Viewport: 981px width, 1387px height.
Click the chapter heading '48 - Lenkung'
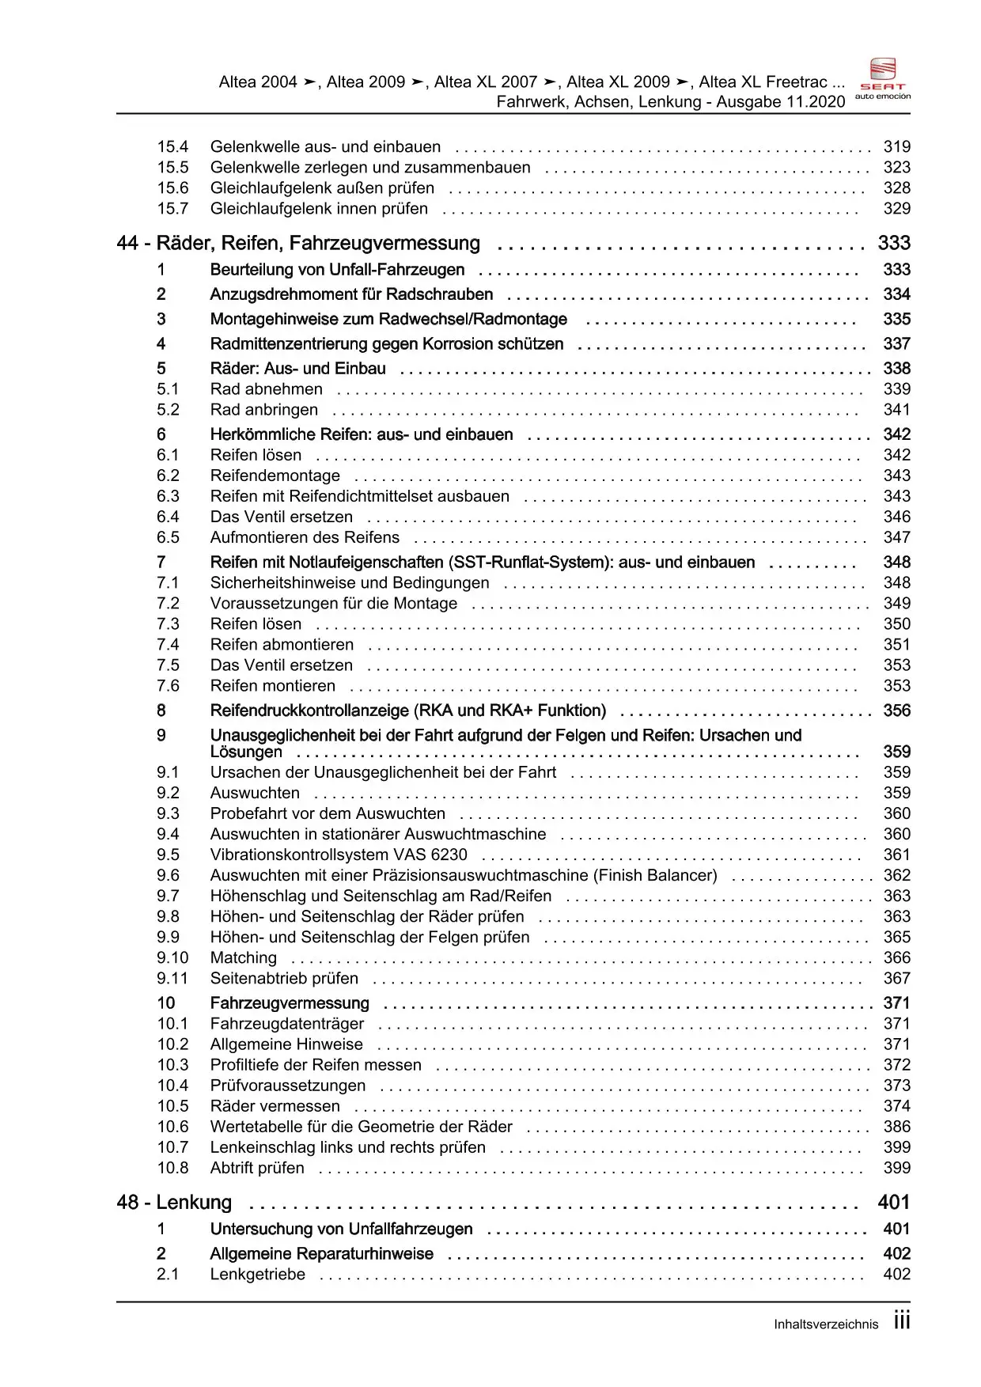pyautogui.click(x=174, y=1203)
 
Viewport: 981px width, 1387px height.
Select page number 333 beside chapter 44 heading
pyautogui.click(x=894, y=243)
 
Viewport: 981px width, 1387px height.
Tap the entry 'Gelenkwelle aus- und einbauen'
pyautogui.click(x=325, y=146)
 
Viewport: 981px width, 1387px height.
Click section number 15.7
pyautogui.click(x=172, y=208)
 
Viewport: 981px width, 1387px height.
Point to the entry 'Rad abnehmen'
pyautogui.click(x=266, y=389)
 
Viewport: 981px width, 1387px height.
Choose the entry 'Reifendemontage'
pyautogui.click(x=275, y=476)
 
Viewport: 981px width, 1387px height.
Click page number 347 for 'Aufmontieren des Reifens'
pyautogui.click(x=896, y=537)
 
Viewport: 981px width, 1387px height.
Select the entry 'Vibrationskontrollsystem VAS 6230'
pyautogui.click(x=338, y=855)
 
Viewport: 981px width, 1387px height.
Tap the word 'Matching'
pyautogui.click(x=243, y=957)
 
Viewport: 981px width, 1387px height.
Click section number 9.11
pyautogui.click(x=172, y=978)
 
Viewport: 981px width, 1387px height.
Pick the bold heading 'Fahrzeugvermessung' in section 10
pyautogui.click(x=289, y=1003)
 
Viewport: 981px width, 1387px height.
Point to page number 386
pyautogui.click(x=896, y=1127)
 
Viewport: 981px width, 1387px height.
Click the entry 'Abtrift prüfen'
pyautogui.click(x=256, y=1168)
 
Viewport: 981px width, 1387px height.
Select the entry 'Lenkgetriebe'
pyautogui.click(x=257, y=1274)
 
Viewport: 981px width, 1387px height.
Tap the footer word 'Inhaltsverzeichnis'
pyautogui.click(x=825, y=1324)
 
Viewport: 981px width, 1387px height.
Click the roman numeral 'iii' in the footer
pyautogui.click(x=901, y=1321)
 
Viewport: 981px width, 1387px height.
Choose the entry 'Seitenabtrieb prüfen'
pyautogui.click(x=283, y=978)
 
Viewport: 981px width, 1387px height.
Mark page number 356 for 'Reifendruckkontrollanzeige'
pyautogui.click(x=896, y=711)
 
